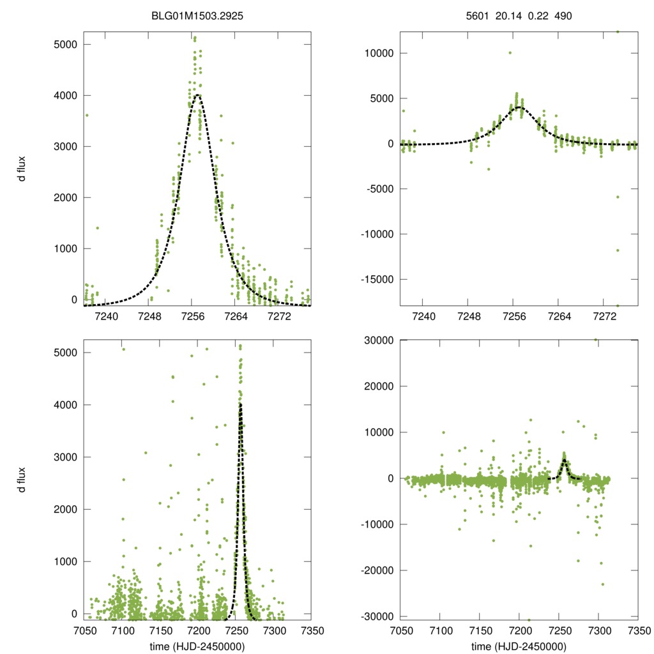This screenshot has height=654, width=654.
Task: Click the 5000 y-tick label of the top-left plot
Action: click(64, 45)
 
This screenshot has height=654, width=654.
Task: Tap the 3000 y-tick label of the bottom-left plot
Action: click(64, 457)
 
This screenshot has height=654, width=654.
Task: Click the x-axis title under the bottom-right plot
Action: click(519, 646)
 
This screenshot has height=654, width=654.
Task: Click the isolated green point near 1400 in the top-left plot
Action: click(97, 228)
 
